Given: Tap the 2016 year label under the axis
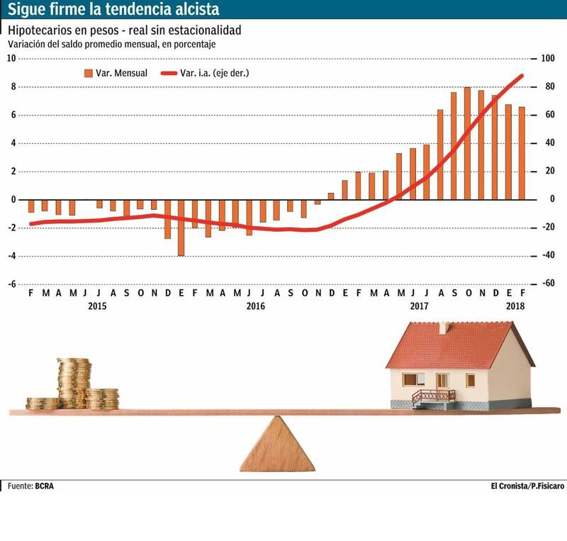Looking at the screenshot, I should [255, 306].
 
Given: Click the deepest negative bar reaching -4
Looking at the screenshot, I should [181, 227].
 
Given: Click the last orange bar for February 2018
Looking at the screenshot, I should [522, 153].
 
